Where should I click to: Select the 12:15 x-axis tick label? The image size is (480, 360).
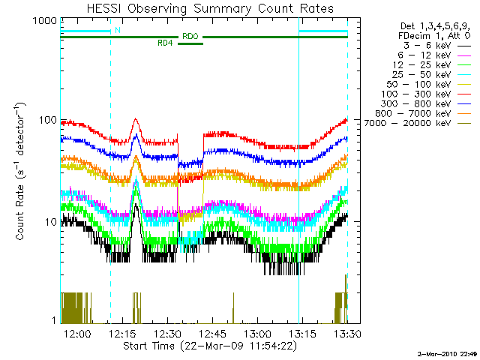pos(122,333)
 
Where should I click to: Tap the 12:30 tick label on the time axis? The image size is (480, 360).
pos(167,333)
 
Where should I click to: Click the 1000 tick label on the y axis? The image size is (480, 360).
pos(43,22)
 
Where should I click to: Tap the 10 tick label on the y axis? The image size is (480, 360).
pos(49,222)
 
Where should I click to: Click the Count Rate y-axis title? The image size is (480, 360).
pos(22,172)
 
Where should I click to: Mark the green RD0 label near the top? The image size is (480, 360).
pos(190,36)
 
